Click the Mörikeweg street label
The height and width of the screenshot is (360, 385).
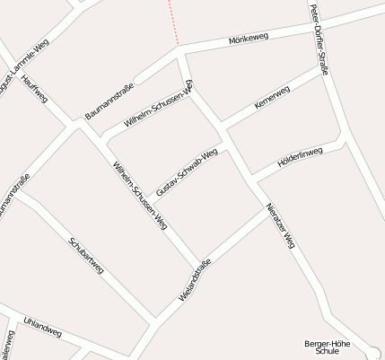coord(249,39)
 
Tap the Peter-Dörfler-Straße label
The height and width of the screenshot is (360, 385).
coord(319,40)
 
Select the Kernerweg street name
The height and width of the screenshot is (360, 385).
coord(272,98)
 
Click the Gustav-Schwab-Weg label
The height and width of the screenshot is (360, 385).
coord(187,172)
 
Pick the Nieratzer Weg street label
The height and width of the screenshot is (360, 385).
coord(280,225)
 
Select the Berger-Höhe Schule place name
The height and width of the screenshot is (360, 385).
coord(327,347)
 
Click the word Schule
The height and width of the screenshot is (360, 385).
coord(327,352)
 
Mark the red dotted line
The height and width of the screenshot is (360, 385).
coord(172,22)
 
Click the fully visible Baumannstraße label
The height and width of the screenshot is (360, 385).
coord(109,101)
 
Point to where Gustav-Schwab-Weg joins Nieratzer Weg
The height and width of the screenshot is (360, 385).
coord(225,143)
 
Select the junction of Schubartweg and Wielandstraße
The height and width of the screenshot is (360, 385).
coord(155,320)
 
